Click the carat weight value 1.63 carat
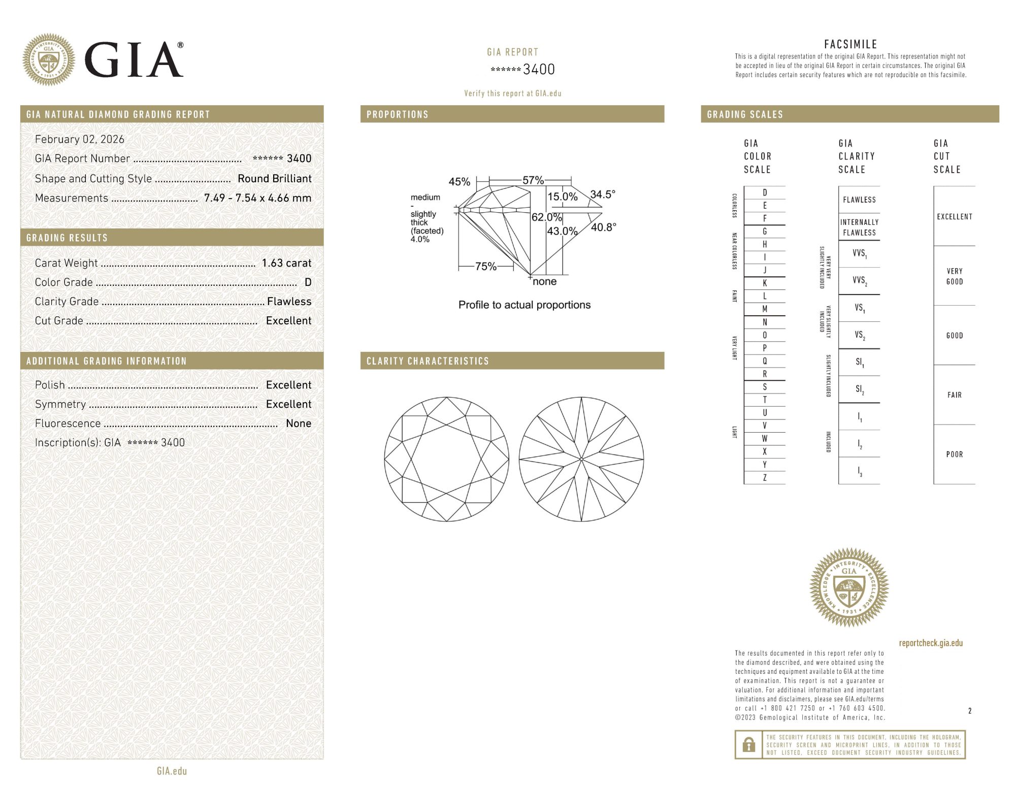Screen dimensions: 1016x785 (x=286, y=263)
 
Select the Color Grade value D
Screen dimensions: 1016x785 (x=308, y=282)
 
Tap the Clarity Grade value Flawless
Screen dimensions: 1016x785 (x=289, y=302)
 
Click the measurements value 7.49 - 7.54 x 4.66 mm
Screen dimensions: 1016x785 (x=258, y=198)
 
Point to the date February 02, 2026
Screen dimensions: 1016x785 (x=80, y=139)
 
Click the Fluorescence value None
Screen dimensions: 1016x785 (x=299, y=423)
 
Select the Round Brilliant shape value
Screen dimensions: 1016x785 (x=275, y=179)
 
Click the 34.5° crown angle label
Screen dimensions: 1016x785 (x=603, y=194)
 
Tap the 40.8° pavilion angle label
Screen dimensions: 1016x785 (x=604, y=227)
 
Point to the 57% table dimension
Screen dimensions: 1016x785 (x=533, y=180)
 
